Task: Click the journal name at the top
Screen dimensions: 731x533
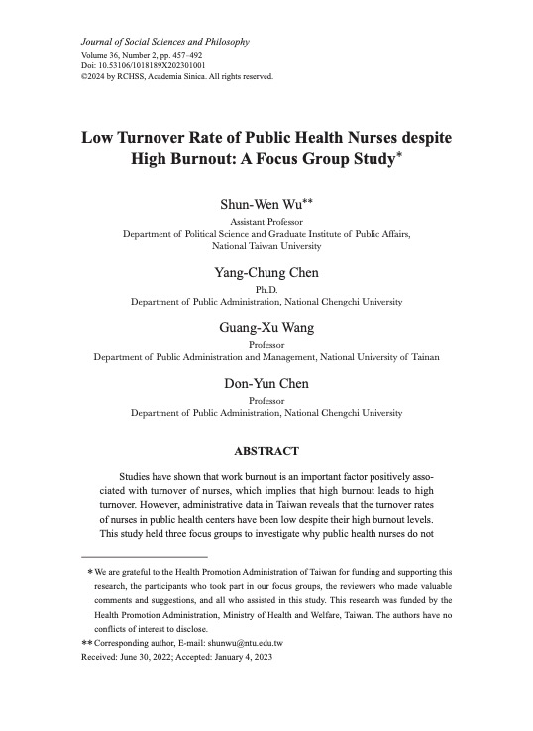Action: coord(164,42)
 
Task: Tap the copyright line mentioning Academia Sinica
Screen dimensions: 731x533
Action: coord(176,75)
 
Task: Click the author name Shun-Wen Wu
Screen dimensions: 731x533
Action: coord(262,204)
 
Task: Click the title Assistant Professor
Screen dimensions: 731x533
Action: coord(266,222)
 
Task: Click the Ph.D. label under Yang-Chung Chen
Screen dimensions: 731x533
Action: coord(266,287)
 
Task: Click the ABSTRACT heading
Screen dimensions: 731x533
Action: coord(266,450)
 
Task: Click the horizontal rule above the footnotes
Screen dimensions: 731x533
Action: coord(144,557)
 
